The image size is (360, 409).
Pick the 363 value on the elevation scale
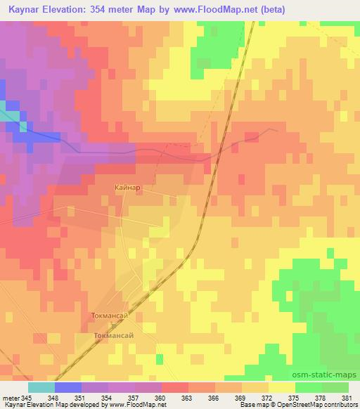[x=188, y=398]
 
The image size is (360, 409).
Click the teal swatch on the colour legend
[x=41, y=387]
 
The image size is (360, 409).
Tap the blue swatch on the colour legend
[x=68, y=387]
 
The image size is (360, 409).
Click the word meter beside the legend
[x=12, y=398]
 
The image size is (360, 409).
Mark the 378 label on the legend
[x=322, y=398]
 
